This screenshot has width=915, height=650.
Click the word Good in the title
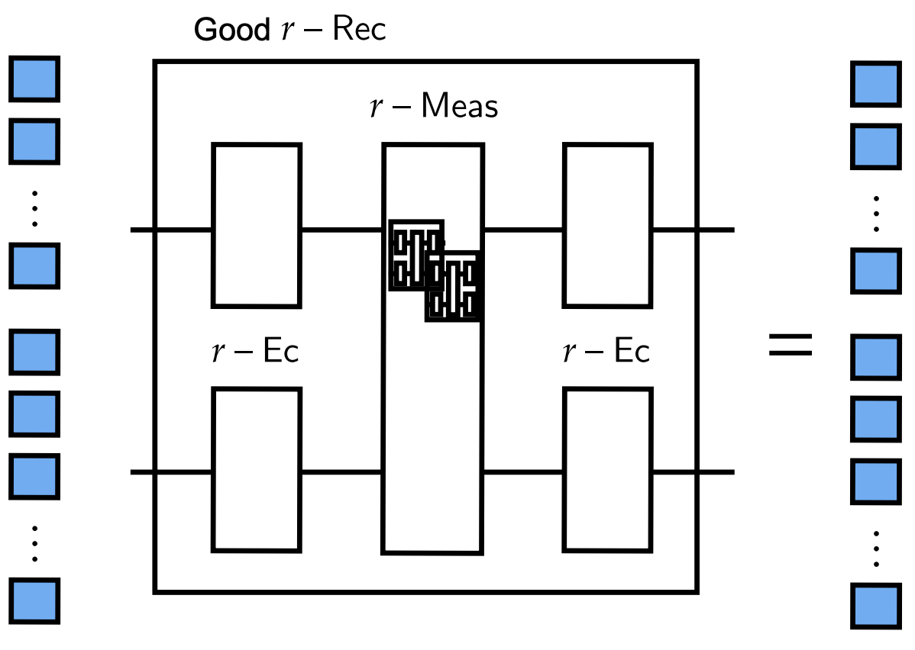pyautogui.click(x=231, y=31)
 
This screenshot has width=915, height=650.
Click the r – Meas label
pyautogui.click(x=433, y=106)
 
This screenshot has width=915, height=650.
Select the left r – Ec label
pyautogui.click(x=255, y=352)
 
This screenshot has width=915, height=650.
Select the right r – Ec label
pyautogui.click(x=606, y=352)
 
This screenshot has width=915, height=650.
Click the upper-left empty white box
pyautogui.click(x=256, y=225)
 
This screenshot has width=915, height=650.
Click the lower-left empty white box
pyautogui.click(x=256, y=469)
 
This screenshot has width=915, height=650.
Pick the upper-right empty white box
pyautogui.click(x=608, y=225)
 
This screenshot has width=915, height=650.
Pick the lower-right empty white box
pyautogui.click(x=608, y=469)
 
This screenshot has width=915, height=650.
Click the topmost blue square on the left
pyautogui.click(x=34, y=78)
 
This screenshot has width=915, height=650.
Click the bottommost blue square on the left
pyautogui.click(x=34, y=601)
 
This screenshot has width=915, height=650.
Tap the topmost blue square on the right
pyautogui.click(x=875, y=84)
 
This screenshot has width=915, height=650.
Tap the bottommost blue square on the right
pyautogui.click(x=875, y=607)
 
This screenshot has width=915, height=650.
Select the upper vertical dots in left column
pyautogui.click(x=34, y=207)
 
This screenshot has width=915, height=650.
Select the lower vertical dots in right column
pyautogui.click(x=876, y=547)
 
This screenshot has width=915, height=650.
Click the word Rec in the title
pyautogui.click(x=358, y=31)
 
